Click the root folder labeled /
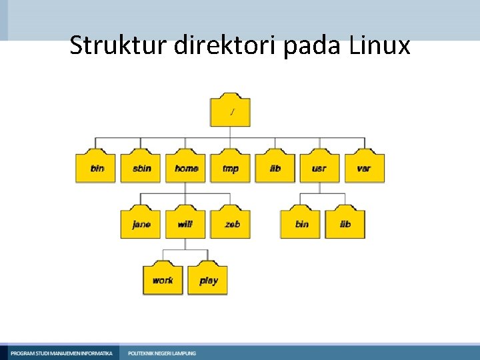click(x=231, y=110)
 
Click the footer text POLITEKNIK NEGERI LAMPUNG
click(x=162, y=353)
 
